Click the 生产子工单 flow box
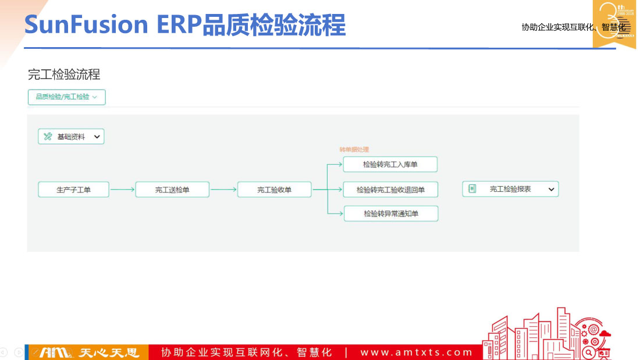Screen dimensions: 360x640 73,190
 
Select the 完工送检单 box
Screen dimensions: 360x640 172,190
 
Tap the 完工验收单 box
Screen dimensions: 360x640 274,190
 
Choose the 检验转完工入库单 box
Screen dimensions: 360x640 390,165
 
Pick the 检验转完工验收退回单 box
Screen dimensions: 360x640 390,190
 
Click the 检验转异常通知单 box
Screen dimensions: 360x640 390,214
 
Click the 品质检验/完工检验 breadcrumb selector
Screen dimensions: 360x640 66,97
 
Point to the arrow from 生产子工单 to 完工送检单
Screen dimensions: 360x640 122,190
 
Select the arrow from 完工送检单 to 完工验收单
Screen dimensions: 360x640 223,190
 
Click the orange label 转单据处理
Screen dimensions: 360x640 354,150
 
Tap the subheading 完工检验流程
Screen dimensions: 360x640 64,74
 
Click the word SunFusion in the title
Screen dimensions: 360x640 86,26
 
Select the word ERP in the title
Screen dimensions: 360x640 178,26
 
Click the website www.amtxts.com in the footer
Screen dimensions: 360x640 417,352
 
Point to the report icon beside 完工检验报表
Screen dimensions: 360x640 472,189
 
